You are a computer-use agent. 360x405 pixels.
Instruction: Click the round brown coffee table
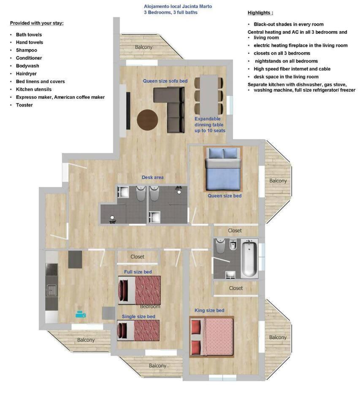tap(147, 119)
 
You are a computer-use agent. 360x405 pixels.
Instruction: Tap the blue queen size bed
tap(223, 169)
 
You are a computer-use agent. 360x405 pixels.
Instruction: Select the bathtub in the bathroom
tap(249, 258)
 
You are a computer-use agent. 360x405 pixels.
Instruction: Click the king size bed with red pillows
tap(212, 337)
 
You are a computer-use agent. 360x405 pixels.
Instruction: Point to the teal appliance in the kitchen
tap(81, 314)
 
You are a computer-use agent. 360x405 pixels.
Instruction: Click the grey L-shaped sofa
tap(169, 110)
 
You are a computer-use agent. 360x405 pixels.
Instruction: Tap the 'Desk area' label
tap(152, 178)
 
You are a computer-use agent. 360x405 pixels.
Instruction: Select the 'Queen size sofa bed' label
tap(165, 81)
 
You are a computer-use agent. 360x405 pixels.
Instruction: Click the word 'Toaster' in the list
tap(24, 105)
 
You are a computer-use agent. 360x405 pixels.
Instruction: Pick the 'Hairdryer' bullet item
tap(26, 73)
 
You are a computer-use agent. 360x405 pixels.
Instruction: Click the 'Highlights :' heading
tap(260, 13)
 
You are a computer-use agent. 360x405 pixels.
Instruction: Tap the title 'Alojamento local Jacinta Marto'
tap(178, 6)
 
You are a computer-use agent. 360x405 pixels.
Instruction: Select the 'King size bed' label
tap(209, 310)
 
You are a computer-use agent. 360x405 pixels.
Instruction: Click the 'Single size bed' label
tap(138, 317)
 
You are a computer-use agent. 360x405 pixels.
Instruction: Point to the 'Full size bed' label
tap(138, 272)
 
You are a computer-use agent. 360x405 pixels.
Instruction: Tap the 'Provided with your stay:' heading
tap(37, 23)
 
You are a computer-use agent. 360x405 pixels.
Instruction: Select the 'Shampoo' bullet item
tap(27, 50)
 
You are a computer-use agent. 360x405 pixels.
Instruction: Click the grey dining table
tap(209, 95)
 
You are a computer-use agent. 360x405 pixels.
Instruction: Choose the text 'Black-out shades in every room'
tap(289, 24)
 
